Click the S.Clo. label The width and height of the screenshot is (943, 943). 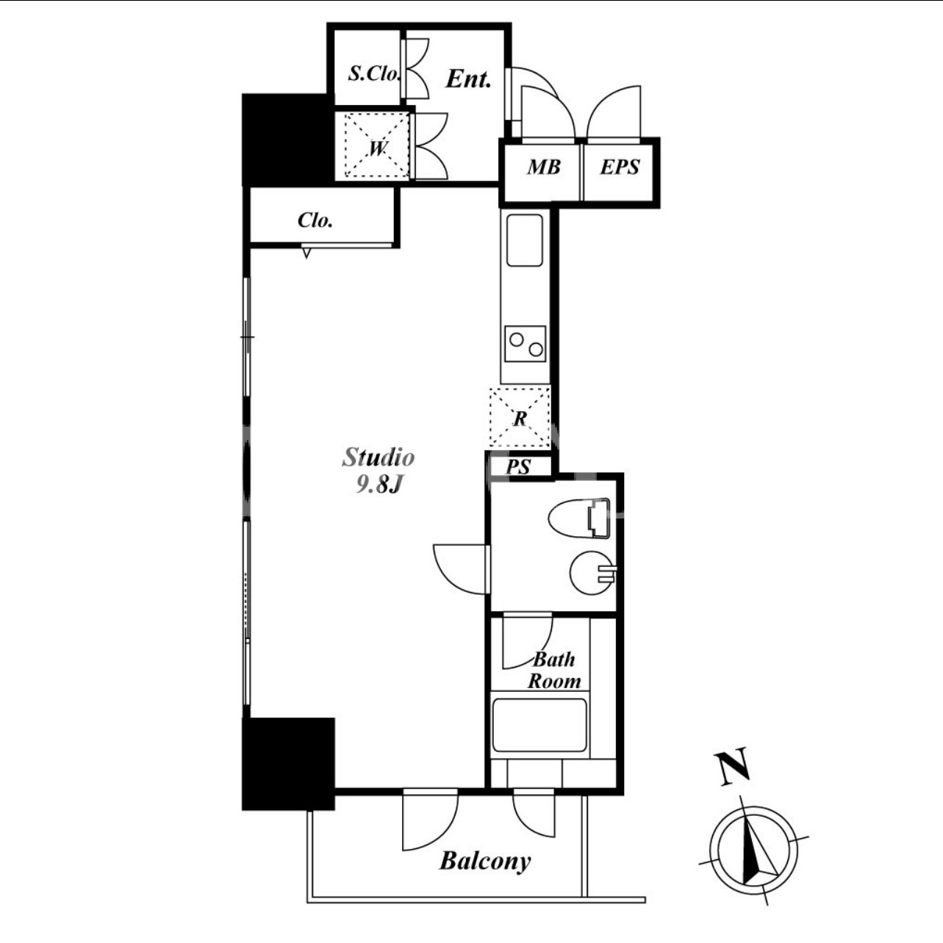(374, 73)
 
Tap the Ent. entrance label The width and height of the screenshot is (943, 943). (468, 79)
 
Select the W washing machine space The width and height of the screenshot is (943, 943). (377, 145)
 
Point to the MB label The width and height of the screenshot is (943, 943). (544, 167)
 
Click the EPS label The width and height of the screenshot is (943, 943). (620, 167)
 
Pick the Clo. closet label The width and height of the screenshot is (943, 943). (315, 221)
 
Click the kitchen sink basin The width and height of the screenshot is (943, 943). (525, 240)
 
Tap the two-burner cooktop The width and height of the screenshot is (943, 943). (525, 344)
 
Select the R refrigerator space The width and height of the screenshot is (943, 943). (520, 417)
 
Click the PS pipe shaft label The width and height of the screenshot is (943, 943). (518, 467)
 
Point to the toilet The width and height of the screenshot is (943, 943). (579, 519)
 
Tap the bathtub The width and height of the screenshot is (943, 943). (539, 726)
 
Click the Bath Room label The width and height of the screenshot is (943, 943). (554, 671)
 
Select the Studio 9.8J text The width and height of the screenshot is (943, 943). (379, 470)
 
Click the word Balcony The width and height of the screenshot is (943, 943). (484, 861)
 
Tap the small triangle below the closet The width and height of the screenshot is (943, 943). (306, 253)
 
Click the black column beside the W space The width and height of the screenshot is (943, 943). (288, 140)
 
